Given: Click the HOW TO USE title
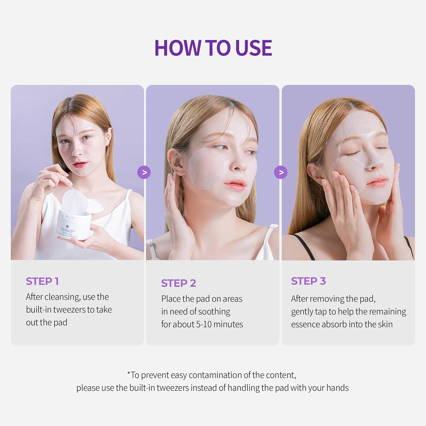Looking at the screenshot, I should [213, 48].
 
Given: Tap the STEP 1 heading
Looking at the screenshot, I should [42, 281].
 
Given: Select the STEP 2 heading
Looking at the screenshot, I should [178, 283].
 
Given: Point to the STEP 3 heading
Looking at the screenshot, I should [308, 281].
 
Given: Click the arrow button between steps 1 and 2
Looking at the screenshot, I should [144, 172].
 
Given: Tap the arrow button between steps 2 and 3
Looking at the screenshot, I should [281, 172].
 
